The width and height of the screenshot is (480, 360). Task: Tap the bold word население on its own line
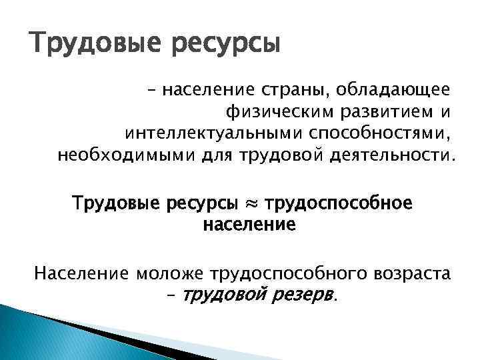point(247,225)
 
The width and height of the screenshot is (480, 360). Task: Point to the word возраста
point(407,272)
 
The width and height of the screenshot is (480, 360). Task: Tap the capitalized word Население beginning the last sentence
point(82,272)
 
